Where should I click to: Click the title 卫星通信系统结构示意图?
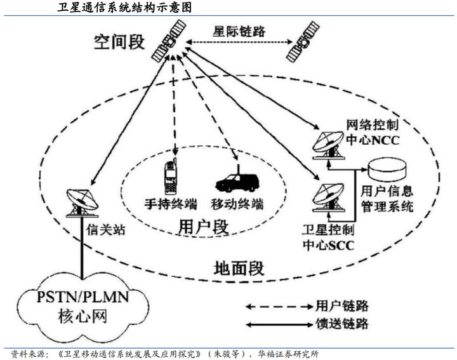[x=120, y=8]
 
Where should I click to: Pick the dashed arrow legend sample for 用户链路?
[x=273, y=306]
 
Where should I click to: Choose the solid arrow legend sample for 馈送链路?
[x=273, y=324]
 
